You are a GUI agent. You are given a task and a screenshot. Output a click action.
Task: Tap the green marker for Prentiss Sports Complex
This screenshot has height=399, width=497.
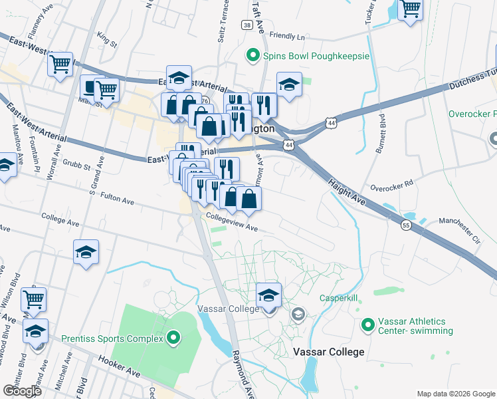tap(174, 338)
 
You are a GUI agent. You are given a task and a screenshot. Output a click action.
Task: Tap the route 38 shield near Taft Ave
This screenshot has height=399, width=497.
tap(247, 25)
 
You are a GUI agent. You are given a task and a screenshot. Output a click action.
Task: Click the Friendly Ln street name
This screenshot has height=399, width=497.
tap(286, 36)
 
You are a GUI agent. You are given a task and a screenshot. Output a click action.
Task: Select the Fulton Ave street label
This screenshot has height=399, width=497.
tap(118, 198)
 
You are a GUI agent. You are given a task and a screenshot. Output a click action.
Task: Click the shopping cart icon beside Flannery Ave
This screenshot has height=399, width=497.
tap(60, 65)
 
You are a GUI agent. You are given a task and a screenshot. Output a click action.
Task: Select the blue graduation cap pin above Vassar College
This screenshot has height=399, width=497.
tap(269, 295)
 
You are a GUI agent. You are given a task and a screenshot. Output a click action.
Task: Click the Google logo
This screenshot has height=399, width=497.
tap(21, 390)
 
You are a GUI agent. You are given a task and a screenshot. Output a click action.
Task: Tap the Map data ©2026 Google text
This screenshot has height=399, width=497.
tap(455, 394)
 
